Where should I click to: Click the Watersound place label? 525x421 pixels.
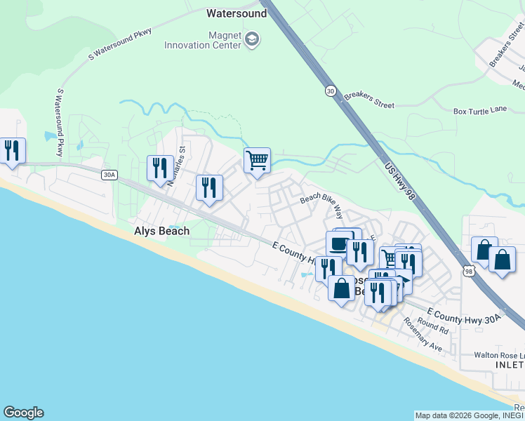click(237, 13)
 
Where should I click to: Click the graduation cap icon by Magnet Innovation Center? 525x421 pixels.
click(252, 40)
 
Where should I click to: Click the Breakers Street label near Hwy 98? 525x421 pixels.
click(369, 100)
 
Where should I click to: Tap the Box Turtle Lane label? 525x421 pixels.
click(479, 111)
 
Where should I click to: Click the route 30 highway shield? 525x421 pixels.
click(330, 91)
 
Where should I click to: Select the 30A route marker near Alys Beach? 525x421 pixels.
click(108, 175)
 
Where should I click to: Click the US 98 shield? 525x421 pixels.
click(469, 269)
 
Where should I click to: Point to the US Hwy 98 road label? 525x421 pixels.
click(401, 180)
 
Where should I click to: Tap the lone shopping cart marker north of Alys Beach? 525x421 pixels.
click(257, 161)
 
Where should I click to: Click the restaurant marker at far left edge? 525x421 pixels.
click(12, 150)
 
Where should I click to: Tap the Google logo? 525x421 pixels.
click(23, 413)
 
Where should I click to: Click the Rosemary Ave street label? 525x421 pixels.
click(423, 336)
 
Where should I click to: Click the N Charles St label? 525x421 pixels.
click(175, 160)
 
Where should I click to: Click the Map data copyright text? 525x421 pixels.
click(469, 415)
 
